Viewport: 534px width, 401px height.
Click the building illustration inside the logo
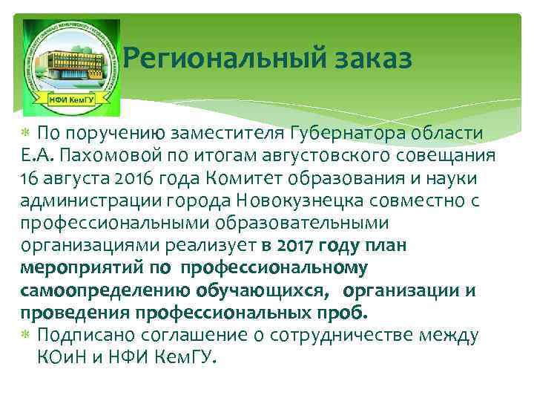coord(70,62)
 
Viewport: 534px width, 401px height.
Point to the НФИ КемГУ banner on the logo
coord(71,102)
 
